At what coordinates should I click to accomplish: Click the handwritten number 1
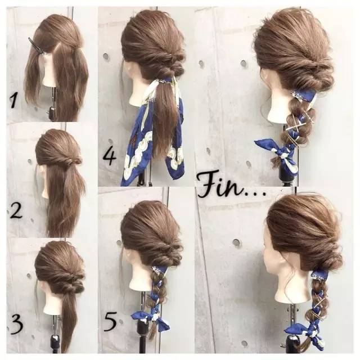tap(13, 101)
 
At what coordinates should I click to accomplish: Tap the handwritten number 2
tap(16, 211)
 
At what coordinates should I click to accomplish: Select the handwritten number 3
tap(16, 323)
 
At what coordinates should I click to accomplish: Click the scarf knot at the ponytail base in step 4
tap(168, 81)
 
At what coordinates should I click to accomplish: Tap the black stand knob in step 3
tap(55, 341)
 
